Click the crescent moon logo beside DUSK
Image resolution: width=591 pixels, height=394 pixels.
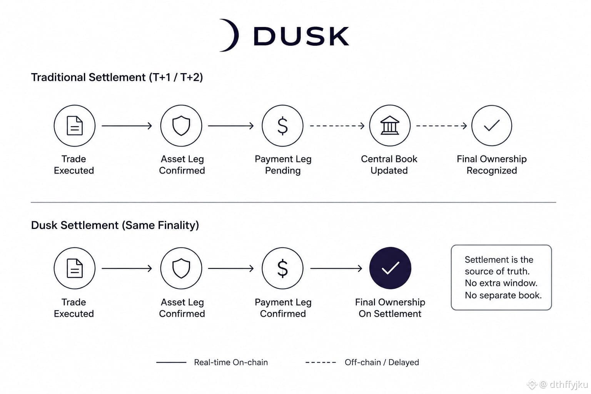click(x=234, y=35)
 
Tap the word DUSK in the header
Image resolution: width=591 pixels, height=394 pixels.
click(x=301, y=36)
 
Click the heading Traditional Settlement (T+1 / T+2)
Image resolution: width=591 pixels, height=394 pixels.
click(x=117, y=78)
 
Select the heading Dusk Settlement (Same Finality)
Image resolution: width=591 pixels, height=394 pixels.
click(x=115, y=225)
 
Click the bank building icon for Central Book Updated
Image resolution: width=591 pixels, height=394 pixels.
click(x=390, y=125)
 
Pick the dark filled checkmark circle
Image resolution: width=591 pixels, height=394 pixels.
click(x=390, y=268)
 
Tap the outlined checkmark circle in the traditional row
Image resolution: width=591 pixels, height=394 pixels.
click(x=492, y=125)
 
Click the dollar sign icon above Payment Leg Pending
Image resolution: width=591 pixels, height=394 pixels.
click(x=282, y=125)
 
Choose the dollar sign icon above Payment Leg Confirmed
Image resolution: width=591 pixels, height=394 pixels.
click(x=282, y=268)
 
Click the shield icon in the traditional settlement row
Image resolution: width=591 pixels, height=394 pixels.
click(x=181, y=125)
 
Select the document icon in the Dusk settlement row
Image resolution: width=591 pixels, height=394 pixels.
click(x=75, y=268)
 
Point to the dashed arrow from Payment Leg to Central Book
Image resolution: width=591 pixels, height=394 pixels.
click(x=337, y=126)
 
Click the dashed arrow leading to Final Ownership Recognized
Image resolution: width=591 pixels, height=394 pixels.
click(x=441, y=126)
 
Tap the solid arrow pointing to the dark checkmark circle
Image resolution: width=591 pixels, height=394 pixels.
click(x=336, y=269)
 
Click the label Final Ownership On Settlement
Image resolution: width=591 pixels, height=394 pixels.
click(x=390, y=308)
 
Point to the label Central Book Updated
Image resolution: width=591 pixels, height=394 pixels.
click(x=389, y=165)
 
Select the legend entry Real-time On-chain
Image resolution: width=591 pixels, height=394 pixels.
click(x=231, y=362)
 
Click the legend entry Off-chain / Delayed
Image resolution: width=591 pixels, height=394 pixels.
click(x=382, y=362)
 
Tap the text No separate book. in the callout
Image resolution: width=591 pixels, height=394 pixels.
click(x=503, y=295)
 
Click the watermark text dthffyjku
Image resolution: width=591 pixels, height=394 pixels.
click(x=569, y=384)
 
